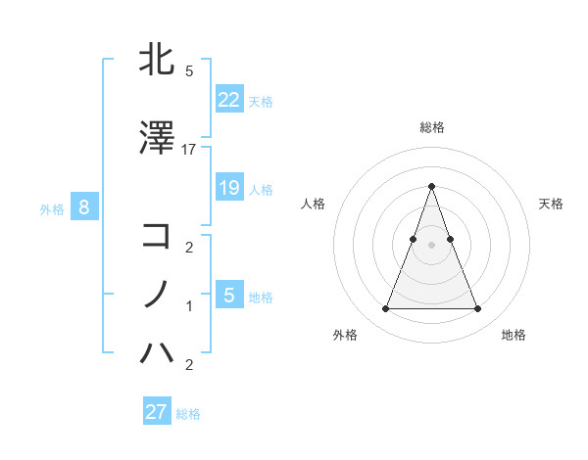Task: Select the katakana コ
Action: (x=157, y=235)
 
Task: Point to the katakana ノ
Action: (x=157, y=294)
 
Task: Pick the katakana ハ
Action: (x=157, y=351)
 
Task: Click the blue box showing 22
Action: (x=228, y=99)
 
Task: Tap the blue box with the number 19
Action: (x=228, y=187)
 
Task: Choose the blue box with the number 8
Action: (x=84, y=207)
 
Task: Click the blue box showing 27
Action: (x=156, y=411)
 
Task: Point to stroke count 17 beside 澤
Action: (x=189, y=149)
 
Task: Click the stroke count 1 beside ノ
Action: (x=189, y=306)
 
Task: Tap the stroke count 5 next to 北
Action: (x=189, y=70)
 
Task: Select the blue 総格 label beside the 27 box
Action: (x=188, y=414)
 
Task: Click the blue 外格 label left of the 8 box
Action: (x=51, y=209)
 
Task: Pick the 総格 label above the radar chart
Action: (x=431, y=128)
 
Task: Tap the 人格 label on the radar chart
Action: (x=314, y=204)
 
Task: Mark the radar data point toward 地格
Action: (x=477, y=309)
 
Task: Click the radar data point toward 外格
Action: (x=385, y=309)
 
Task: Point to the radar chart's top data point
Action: (x=431, y=186)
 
